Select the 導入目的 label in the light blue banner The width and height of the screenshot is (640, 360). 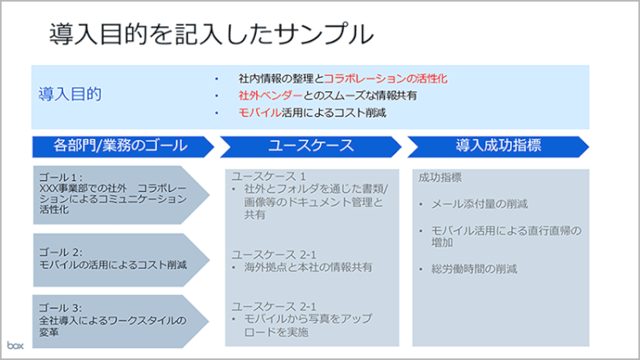click(x=70, y=94)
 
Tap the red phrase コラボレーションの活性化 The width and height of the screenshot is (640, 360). click(x=386, y=78)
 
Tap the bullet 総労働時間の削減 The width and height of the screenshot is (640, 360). click(x=474, y=270)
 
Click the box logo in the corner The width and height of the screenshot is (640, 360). click(x=16, y=345)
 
